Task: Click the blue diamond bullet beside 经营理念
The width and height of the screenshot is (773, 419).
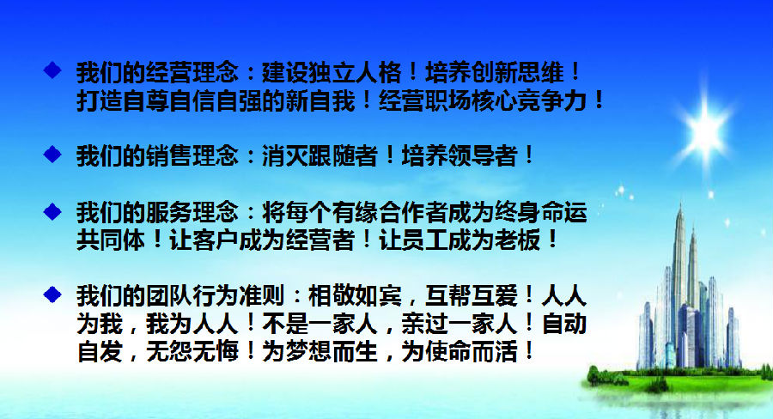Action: (52, 70)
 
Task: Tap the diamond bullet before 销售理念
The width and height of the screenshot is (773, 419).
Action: (52, 155)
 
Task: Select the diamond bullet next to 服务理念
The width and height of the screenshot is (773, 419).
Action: (52, 212)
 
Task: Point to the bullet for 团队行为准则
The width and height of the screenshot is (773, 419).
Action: (52, 295)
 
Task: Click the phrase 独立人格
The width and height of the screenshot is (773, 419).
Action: (355, 72)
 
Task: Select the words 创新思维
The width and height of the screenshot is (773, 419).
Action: (518, 72)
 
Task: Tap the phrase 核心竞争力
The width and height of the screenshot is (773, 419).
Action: (517, 100)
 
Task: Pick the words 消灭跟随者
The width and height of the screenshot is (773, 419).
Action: (320, 155)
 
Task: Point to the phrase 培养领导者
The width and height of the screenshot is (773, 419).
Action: (460, 155)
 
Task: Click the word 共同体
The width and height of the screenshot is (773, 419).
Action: (111, 240)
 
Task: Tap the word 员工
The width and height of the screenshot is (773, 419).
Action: (425, 240)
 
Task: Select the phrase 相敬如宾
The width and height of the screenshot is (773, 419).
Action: (355, 295)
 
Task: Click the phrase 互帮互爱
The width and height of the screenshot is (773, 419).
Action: (472, 295)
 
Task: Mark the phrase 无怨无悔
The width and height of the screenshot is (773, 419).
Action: (192, 352)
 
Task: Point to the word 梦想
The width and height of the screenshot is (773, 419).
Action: (308, 352)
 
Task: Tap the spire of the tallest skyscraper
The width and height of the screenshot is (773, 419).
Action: (681, 209)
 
